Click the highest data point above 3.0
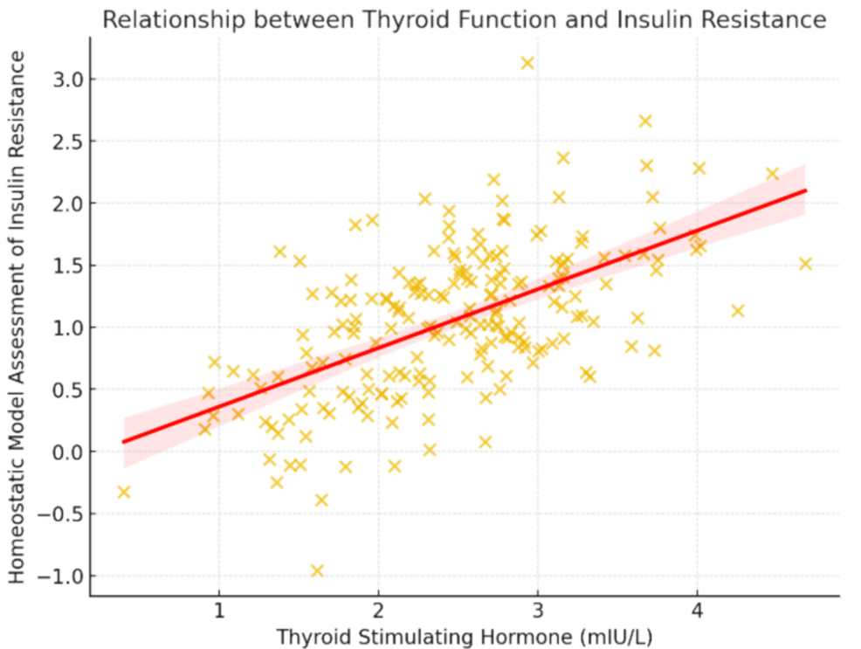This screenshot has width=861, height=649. coord(527,63)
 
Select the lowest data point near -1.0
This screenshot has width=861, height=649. coord(317,570)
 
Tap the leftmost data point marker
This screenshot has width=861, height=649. coord(124,492)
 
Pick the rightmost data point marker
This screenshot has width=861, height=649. coord(805,263)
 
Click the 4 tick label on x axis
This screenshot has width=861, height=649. coord(697,609)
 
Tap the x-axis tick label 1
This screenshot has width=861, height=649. coord(218,609)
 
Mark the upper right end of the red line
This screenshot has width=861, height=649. coord(805,190)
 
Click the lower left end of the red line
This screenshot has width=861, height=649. coord(124,441)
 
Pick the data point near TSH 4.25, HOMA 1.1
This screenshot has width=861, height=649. coord(737,310)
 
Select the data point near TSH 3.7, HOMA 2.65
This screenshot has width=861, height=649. coord(645,121)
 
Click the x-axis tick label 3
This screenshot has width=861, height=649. coord(538,609)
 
